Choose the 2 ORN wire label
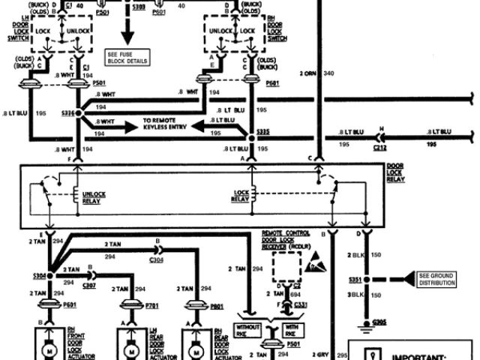[308, 73]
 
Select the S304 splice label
[39, 275]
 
